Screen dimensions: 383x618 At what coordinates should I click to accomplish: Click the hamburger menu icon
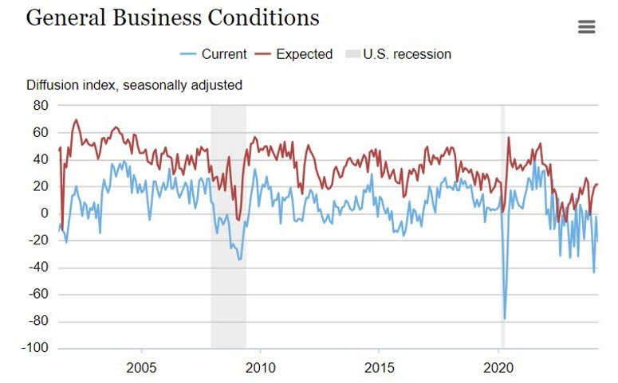pyautogui.click(x=586, y=27)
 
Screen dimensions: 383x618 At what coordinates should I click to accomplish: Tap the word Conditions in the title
pyautogui.click(x=272, y=18)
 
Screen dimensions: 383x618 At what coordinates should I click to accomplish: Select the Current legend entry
pyautogui.click(x=215, y=54)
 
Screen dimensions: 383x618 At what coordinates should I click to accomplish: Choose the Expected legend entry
pyautogui.click(x=294, y=54)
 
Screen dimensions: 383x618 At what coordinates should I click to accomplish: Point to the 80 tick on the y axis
pyautogui.click(x=41, y=105)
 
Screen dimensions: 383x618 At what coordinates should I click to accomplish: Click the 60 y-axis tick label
pyautogui.click(x=41, y=132)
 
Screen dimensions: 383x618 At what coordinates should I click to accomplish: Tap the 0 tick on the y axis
pyautogui.click(x=45, y=213)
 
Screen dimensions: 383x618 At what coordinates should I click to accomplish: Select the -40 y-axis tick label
pyautogui.click(x=38, y=268)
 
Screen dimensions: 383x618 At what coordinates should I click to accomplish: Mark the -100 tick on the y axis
pyautogui.click(x=35, y=349)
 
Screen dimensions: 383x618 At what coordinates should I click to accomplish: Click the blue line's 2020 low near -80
pyautogui.click(x=504, y=319)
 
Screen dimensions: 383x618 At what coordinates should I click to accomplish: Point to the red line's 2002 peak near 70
pyautogui.click(x=76, y=120)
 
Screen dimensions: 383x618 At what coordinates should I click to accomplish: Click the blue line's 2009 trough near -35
pyautogui.click(x=240, y=260)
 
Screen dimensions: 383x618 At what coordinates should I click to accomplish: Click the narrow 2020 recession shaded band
pyautogui.click(x=502, y=239)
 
